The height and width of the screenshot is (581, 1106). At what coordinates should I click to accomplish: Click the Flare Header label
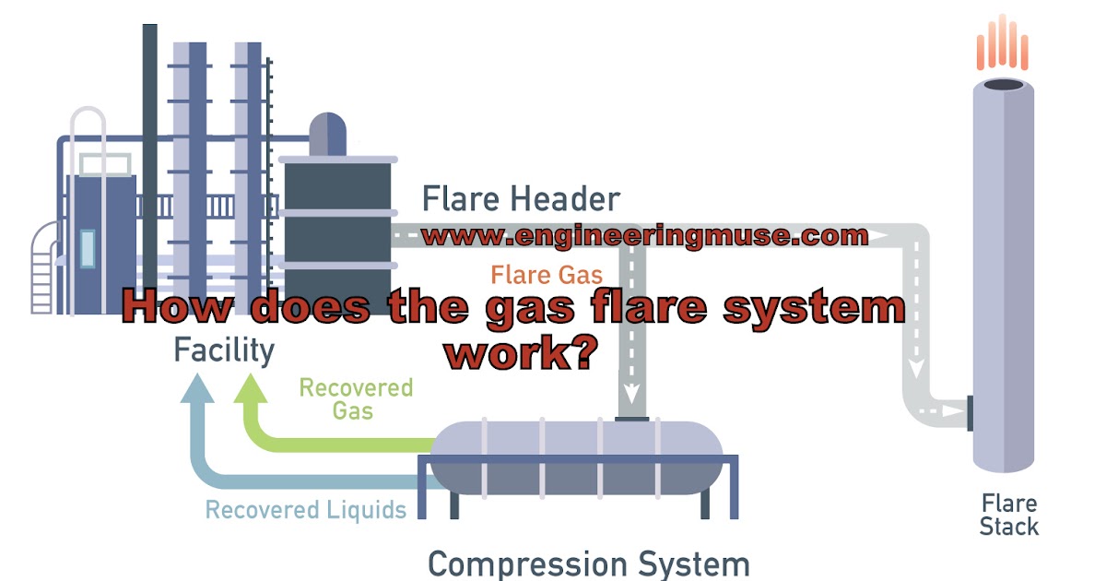[521, 198]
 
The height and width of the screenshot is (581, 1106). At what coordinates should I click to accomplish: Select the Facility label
[224, 350]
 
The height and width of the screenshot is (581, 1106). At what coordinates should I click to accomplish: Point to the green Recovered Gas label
[355, 398]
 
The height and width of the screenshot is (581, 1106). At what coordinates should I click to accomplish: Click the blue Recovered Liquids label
[305, 509]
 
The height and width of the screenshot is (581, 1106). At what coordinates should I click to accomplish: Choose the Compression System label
[589, 563]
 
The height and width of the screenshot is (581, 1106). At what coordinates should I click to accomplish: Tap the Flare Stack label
[1008, 516]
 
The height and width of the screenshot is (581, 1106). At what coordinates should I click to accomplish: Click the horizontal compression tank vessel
[577, 456]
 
